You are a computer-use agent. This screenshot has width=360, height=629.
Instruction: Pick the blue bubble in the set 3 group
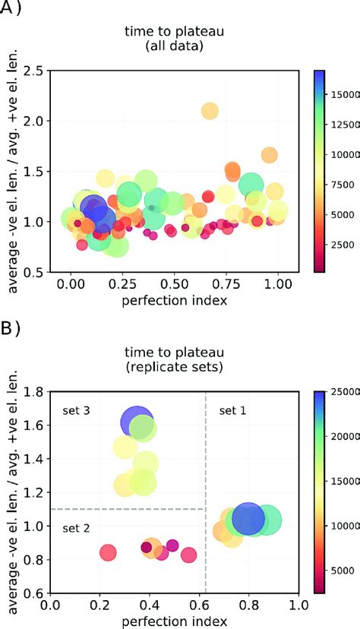coord(137,422)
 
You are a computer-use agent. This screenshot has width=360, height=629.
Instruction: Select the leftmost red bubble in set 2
coord(109,552)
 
